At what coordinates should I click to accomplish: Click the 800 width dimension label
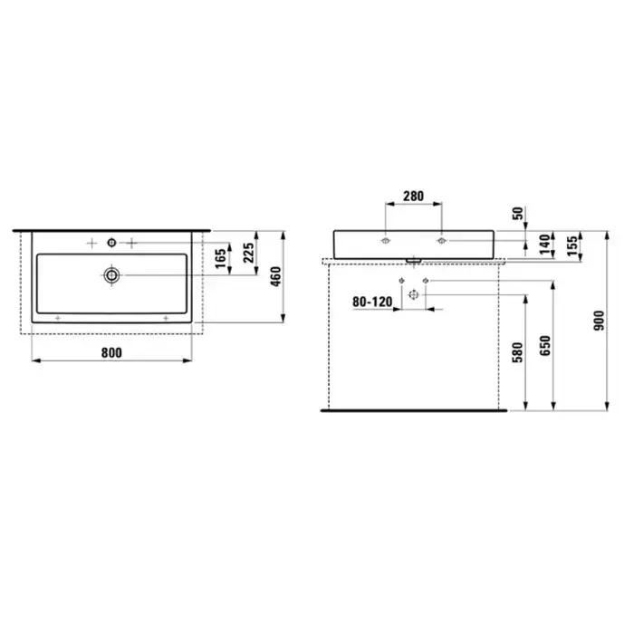tap(111, 352)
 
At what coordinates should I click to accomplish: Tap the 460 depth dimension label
tap(275, 276)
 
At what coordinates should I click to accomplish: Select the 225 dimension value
tap(249, 253)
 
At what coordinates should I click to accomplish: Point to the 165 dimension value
tap(220, 259)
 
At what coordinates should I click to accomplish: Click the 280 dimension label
tap(413, 197)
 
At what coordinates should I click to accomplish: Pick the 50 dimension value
tap(518, 213)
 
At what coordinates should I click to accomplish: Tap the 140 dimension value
tap(545, 245)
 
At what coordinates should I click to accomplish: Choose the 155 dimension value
tap(572, 245)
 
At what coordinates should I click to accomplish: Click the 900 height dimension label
tap(599, 321)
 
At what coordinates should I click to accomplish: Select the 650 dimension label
tap(545, 346)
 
